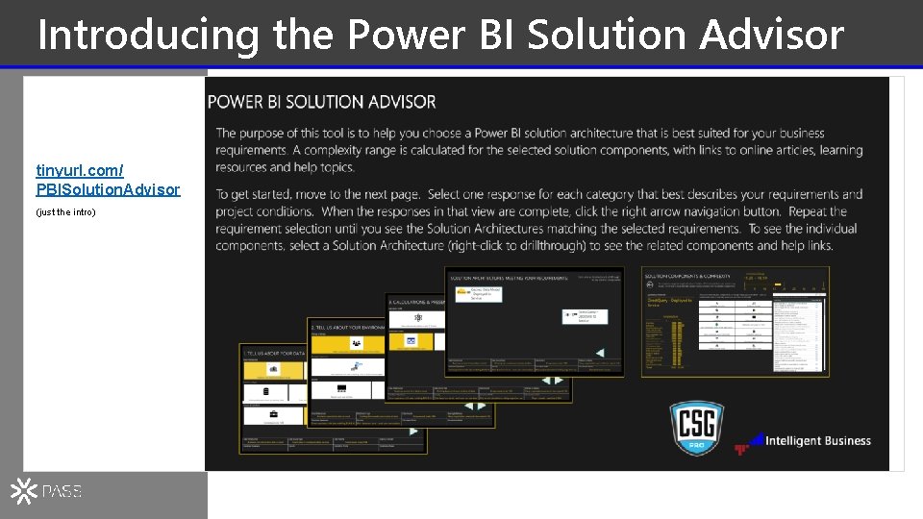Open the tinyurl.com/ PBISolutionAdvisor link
click(108, 180)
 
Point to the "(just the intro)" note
click(66, 211)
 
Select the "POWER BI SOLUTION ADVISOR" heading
click(322, 102)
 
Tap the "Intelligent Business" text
click(818, 441)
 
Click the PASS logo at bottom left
click(46, 491)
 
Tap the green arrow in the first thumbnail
click(413, 432)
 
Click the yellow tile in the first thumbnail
click(274, 370)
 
